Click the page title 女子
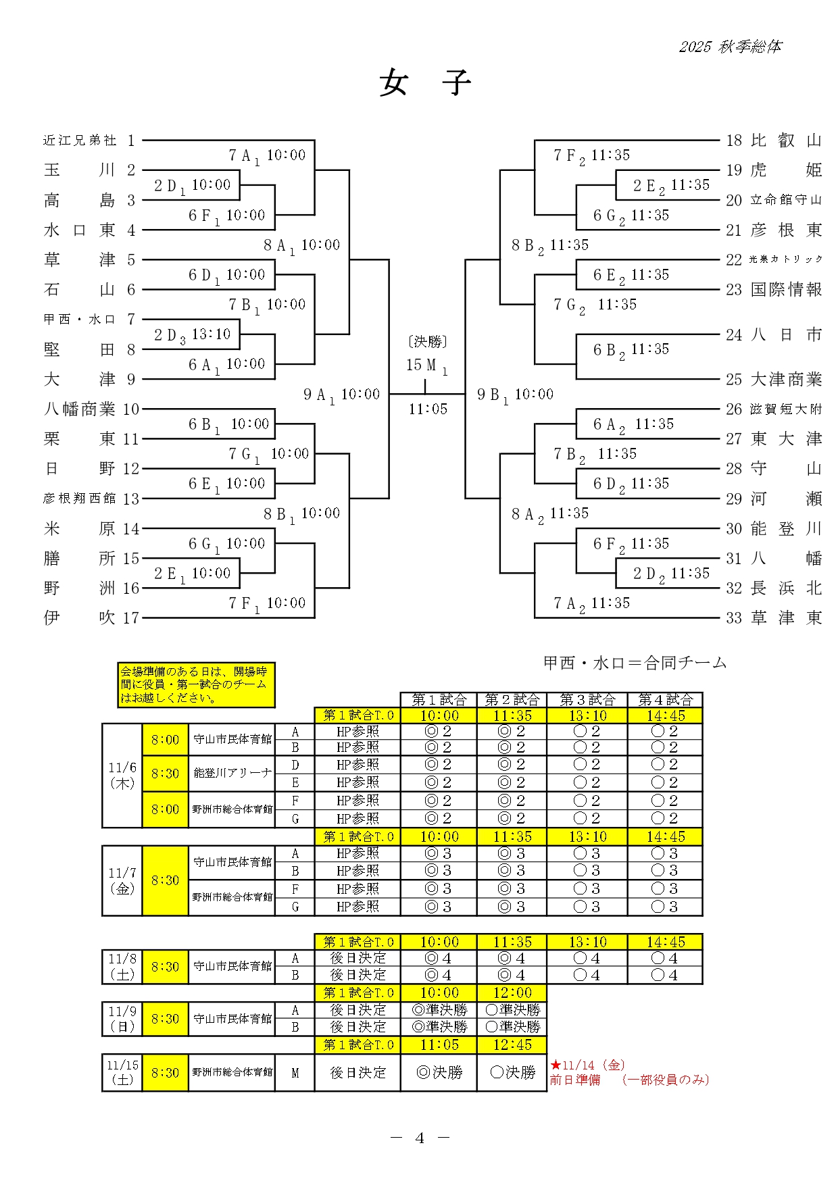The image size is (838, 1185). [x=424, y=83]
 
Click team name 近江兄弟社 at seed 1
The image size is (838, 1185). [x=80, y=141]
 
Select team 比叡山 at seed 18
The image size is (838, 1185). [x=785, y=141]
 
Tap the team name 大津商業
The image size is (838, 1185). [x=786, y=380]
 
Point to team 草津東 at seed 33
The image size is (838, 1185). [x=785, y=617]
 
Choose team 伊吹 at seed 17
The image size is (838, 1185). [x=79, y=617]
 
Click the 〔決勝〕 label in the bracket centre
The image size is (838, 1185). [x=427, y=342]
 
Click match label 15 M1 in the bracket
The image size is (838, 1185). [x=426, y=365]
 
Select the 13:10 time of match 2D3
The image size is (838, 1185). [x=211, y=334]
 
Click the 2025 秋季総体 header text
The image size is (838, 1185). [x=730, y=47]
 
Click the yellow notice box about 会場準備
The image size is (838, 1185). [x=196, y=684]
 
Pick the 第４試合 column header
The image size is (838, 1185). [x=665, y=699]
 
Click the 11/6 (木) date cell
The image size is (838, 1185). [x=122, y=775]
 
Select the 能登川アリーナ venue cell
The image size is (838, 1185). [x=232, y=773]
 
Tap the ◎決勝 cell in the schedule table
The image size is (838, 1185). [x=439, y=1072]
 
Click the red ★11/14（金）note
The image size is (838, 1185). [x=587, y=1065]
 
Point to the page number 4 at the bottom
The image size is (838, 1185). [x=420, y=1138]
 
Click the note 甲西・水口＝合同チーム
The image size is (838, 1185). [x=635, y=663]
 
